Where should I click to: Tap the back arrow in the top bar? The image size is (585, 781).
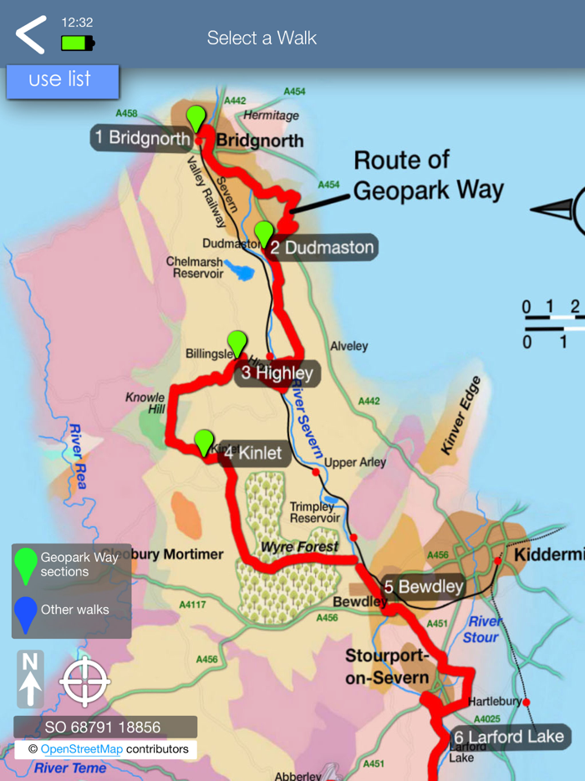coord(31,35)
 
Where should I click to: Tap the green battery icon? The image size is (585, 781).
coord(78,42)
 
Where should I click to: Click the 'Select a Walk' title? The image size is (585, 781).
coord(262,38)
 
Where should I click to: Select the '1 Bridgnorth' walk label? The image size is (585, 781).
coord(142,138)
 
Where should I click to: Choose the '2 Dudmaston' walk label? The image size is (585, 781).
coord(322,248)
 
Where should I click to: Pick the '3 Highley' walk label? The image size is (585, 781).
coord(277,373)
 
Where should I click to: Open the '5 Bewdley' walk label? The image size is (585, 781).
coord(424,586)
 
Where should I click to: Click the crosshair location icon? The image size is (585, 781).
coord(84,682)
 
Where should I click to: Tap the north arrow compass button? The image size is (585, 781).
coord(30,678)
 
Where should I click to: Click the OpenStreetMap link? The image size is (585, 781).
coord(81,749)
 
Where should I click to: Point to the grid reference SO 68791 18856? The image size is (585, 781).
coord(104,727)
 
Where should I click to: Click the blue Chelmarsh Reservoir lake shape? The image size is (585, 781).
coord(240,271)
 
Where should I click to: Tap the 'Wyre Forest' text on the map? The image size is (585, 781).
coord(299,548)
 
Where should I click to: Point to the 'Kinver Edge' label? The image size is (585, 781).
coord(460,416)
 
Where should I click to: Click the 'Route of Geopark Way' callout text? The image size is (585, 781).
coord(428,176)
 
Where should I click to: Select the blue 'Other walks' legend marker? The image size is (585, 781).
coord(27,612)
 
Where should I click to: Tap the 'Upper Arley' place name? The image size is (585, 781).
coord(354,462)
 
